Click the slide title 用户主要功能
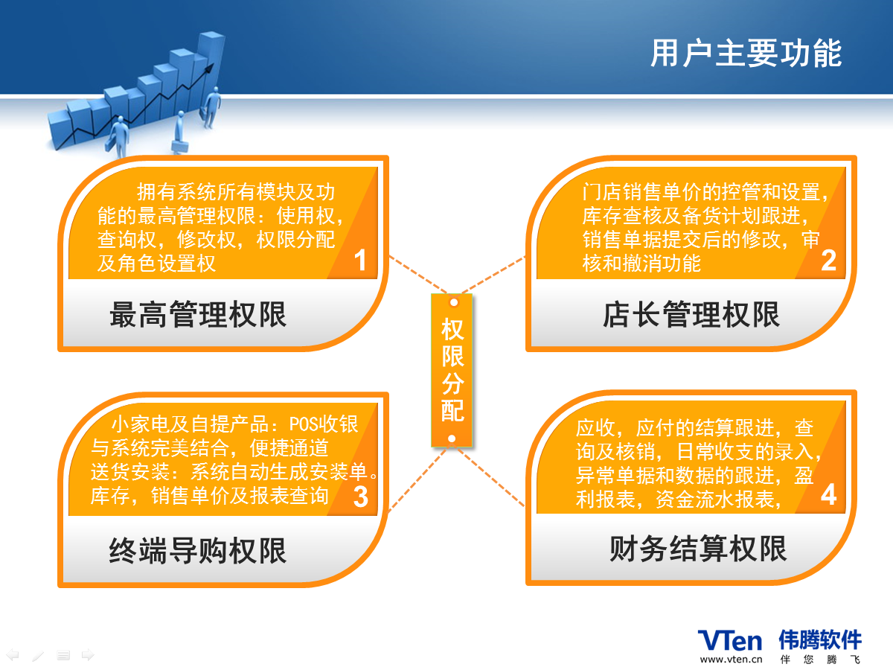pyautogui.click(x=746, y=53)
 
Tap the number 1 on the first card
pyautogui.click(x=360, y=260)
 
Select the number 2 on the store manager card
pyautogui.click(x=829, y=260)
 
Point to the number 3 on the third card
pyautogui.click(x=360, y=497)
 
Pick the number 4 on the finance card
pyautogui.click(x=829, y=494)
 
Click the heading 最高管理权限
pyautogui.click(x=198, y=314)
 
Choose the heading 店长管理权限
pyautogui.click(x=691, y=314)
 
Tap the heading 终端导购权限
pyautogui.click(x=198, y=550)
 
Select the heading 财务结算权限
pyautogui.click(x=698, y=549)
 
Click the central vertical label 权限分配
pyautogui.click(x=452, y=370)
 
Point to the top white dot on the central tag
pyautogui.click(x=454, y=302)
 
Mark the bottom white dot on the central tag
pyautogui.click(x=452, y=438)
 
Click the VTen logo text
pyautogui.click(x=730, y=641)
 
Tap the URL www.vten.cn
pyautogui.click(x=731, y=660)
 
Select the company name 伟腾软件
pyautogui.click(x=820, y=640)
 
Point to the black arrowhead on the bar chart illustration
pyautogui.click(x=209, y=68)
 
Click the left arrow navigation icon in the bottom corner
pyautogui.click(x=12, y=655)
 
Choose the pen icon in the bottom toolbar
pyautogui.click(x=38, y=655)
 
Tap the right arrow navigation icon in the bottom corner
pyautogui.click(x=88, y=655)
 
